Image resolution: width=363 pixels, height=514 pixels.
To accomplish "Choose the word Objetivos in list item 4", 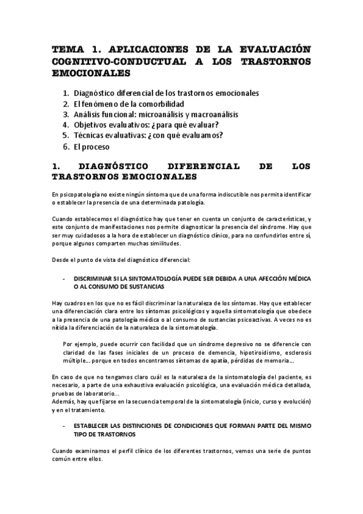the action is tap(95, 125).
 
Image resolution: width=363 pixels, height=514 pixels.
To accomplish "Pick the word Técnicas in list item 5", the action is tap(90, 135).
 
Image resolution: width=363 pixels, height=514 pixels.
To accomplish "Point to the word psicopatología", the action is tap(79, 193).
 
